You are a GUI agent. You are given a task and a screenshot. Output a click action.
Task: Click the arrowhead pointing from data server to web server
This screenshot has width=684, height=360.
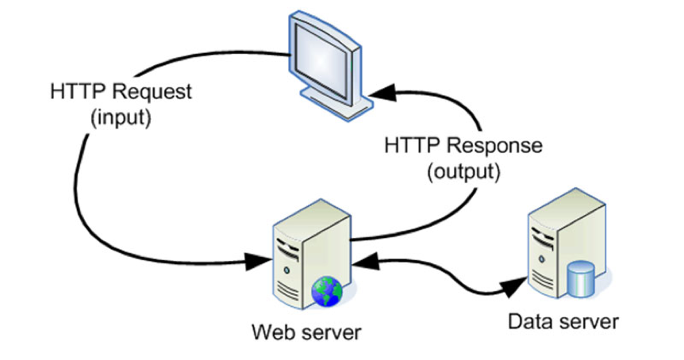coord(358,259)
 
